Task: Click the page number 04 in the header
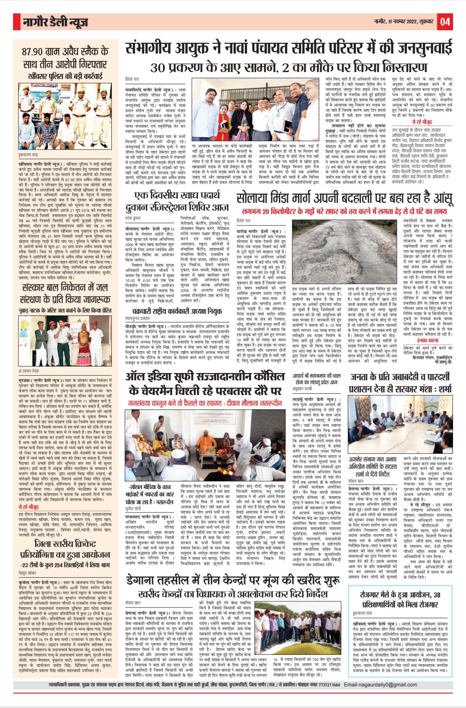(445, 22)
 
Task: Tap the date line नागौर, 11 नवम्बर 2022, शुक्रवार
(403, 22)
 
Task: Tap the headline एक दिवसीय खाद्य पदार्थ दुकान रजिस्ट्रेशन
(177, 202)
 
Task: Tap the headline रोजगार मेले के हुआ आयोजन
(400, 599)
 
